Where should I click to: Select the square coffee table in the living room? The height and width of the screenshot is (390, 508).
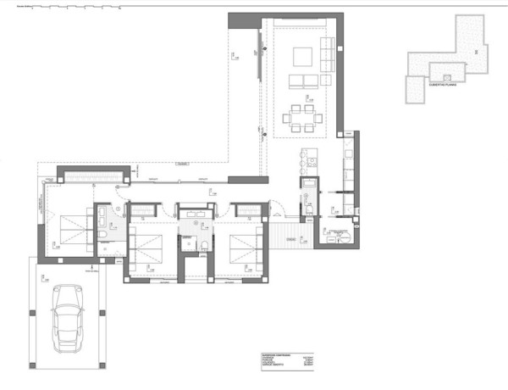[x=302, y=57]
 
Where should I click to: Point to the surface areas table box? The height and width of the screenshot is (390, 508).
[x=279, y=361]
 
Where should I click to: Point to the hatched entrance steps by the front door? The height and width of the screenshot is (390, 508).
[x=288, y=231]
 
